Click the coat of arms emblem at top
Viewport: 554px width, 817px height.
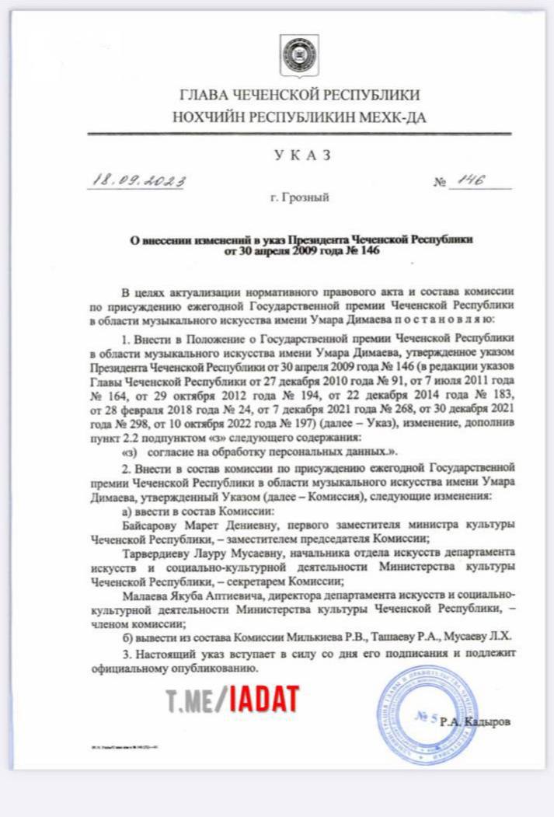(297, 54)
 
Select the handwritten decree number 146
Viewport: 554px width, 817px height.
(471, 180)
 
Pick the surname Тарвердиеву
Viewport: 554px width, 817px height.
(159, 554)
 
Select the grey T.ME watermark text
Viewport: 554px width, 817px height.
(196, 700)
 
